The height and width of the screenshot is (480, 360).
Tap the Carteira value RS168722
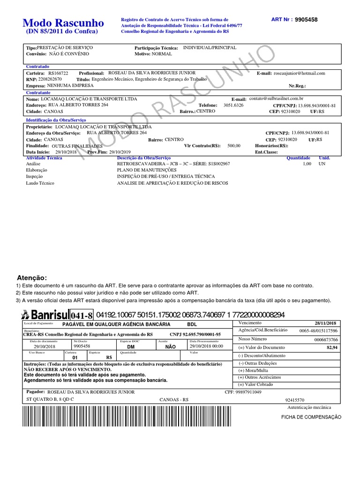point(58,74)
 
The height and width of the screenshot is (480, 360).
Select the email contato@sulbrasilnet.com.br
point(276,99)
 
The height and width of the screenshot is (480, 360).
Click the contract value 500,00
point(234,146)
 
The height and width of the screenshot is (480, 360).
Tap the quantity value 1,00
point(307,164)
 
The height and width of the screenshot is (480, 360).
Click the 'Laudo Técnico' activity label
point(40,183)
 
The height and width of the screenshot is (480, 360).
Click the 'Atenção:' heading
point(32,278)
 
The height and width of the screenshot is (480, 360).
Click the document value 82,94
point(332,347)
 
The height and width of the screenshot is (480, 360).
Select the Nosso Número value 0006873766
point(326,339)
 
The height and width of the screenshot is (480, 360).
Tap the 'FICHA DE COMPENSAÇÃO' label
point(311,417)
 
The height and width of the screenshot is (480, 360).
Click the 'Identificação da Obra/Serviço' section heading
point(55,120)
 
